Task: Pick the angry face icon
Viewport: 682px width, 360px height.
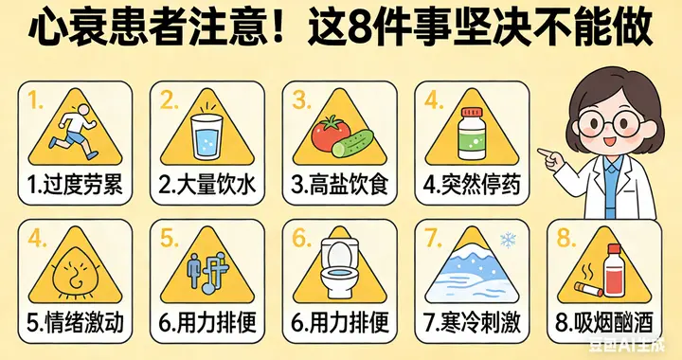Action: (x=73, y=275)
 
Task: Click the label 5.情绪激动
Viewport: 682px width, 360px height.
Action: (x=76, y=322)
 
